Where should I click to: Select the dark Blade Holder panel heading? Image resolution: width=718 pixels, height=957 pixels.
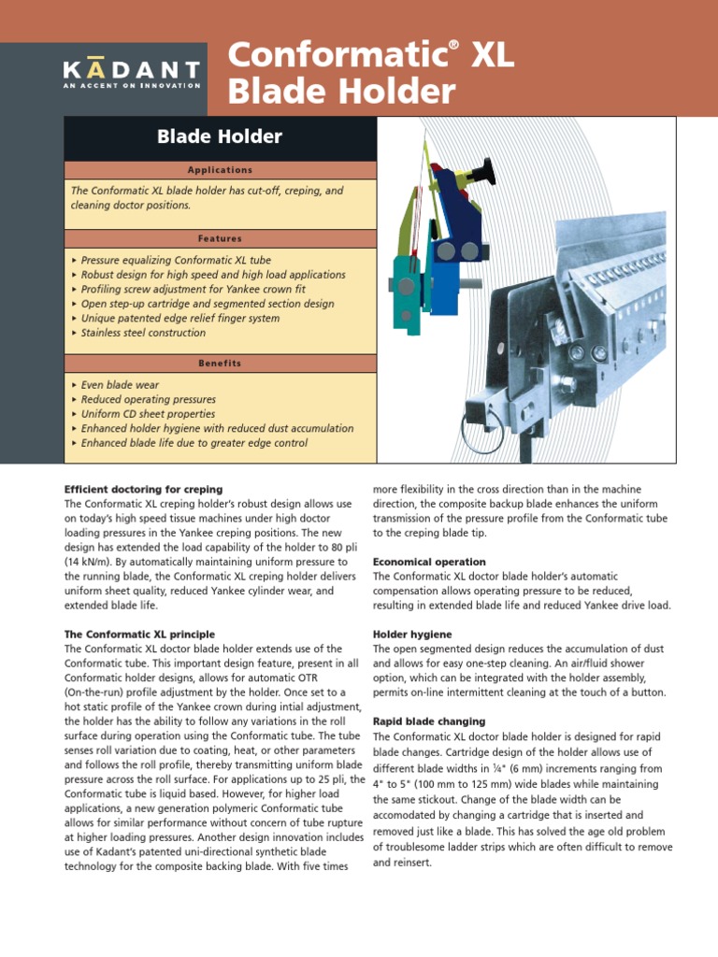pyautogui.click(x=220, y=137)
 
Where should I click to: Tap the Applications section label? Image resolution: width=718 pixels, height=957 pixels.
pyautogui.click(x=220, y=170)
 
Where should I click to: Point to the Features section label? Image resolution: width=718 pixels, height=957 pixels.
pyautogui.click(x=220, y=238)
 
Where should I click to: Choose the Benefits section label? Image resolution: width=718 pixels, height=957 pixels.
pyautogui.click(x=220, y=363)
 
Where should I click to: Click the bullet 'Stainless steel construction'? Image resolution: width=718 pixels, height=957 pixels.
pyautogui.click(x=143, y=333)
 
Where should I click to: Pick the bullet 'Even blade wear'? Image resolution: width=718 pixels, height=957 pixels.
pyautogui.click(x=120, y=385)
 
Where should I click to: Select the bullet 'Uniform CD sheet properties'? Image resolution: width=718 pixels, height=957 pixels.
pyautogui.click(x=148, y=414)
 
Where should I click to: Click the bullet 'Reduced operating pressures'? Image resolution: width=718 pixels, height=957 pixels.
pyautogui.click(x=148, y=399)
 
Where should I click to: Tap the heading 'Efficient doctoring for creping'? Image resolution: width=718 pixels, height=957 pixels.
pyautogui.click(x=143, y=489)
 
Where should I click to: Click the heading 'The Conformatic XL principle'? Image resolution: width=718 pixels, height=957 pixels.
pyautogui.click(x=139, y=634)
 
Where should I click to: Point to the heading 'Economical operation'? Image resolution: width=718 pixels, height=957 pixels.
pyautogui.click(x=429, y=562)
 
